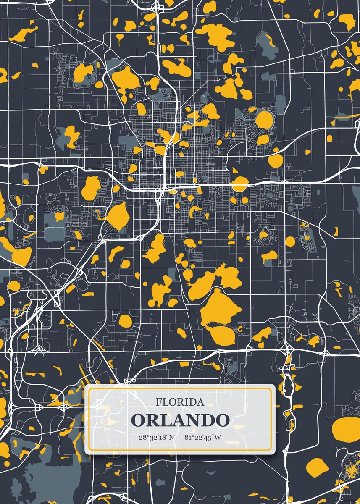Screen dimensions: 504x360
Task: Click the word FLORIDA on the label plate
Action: (x=180, y=402)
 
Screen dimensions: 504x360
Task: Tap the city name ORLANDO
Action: (x=180, y=420)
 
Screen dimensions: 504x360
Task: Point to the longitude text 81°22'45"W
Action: (x=202, y=437)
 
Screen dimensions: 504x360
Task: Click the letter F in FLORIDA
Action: (x=159, y=402)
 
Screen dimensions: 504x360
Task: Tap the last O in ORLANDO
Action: (x=222, y=420)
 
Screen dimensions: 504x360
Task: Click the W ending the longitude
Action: (x=217, y=437)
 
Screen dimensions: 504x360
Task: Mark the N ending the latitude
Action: (x=171, y=437)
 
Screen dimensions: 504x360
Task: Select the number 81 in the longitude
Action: (x=188, y=437)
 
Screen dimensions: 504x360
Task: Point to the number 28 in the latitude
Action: (x=142, y=437)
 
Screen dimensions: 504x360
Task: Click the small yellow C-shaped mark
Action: (x=241, y=328)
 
